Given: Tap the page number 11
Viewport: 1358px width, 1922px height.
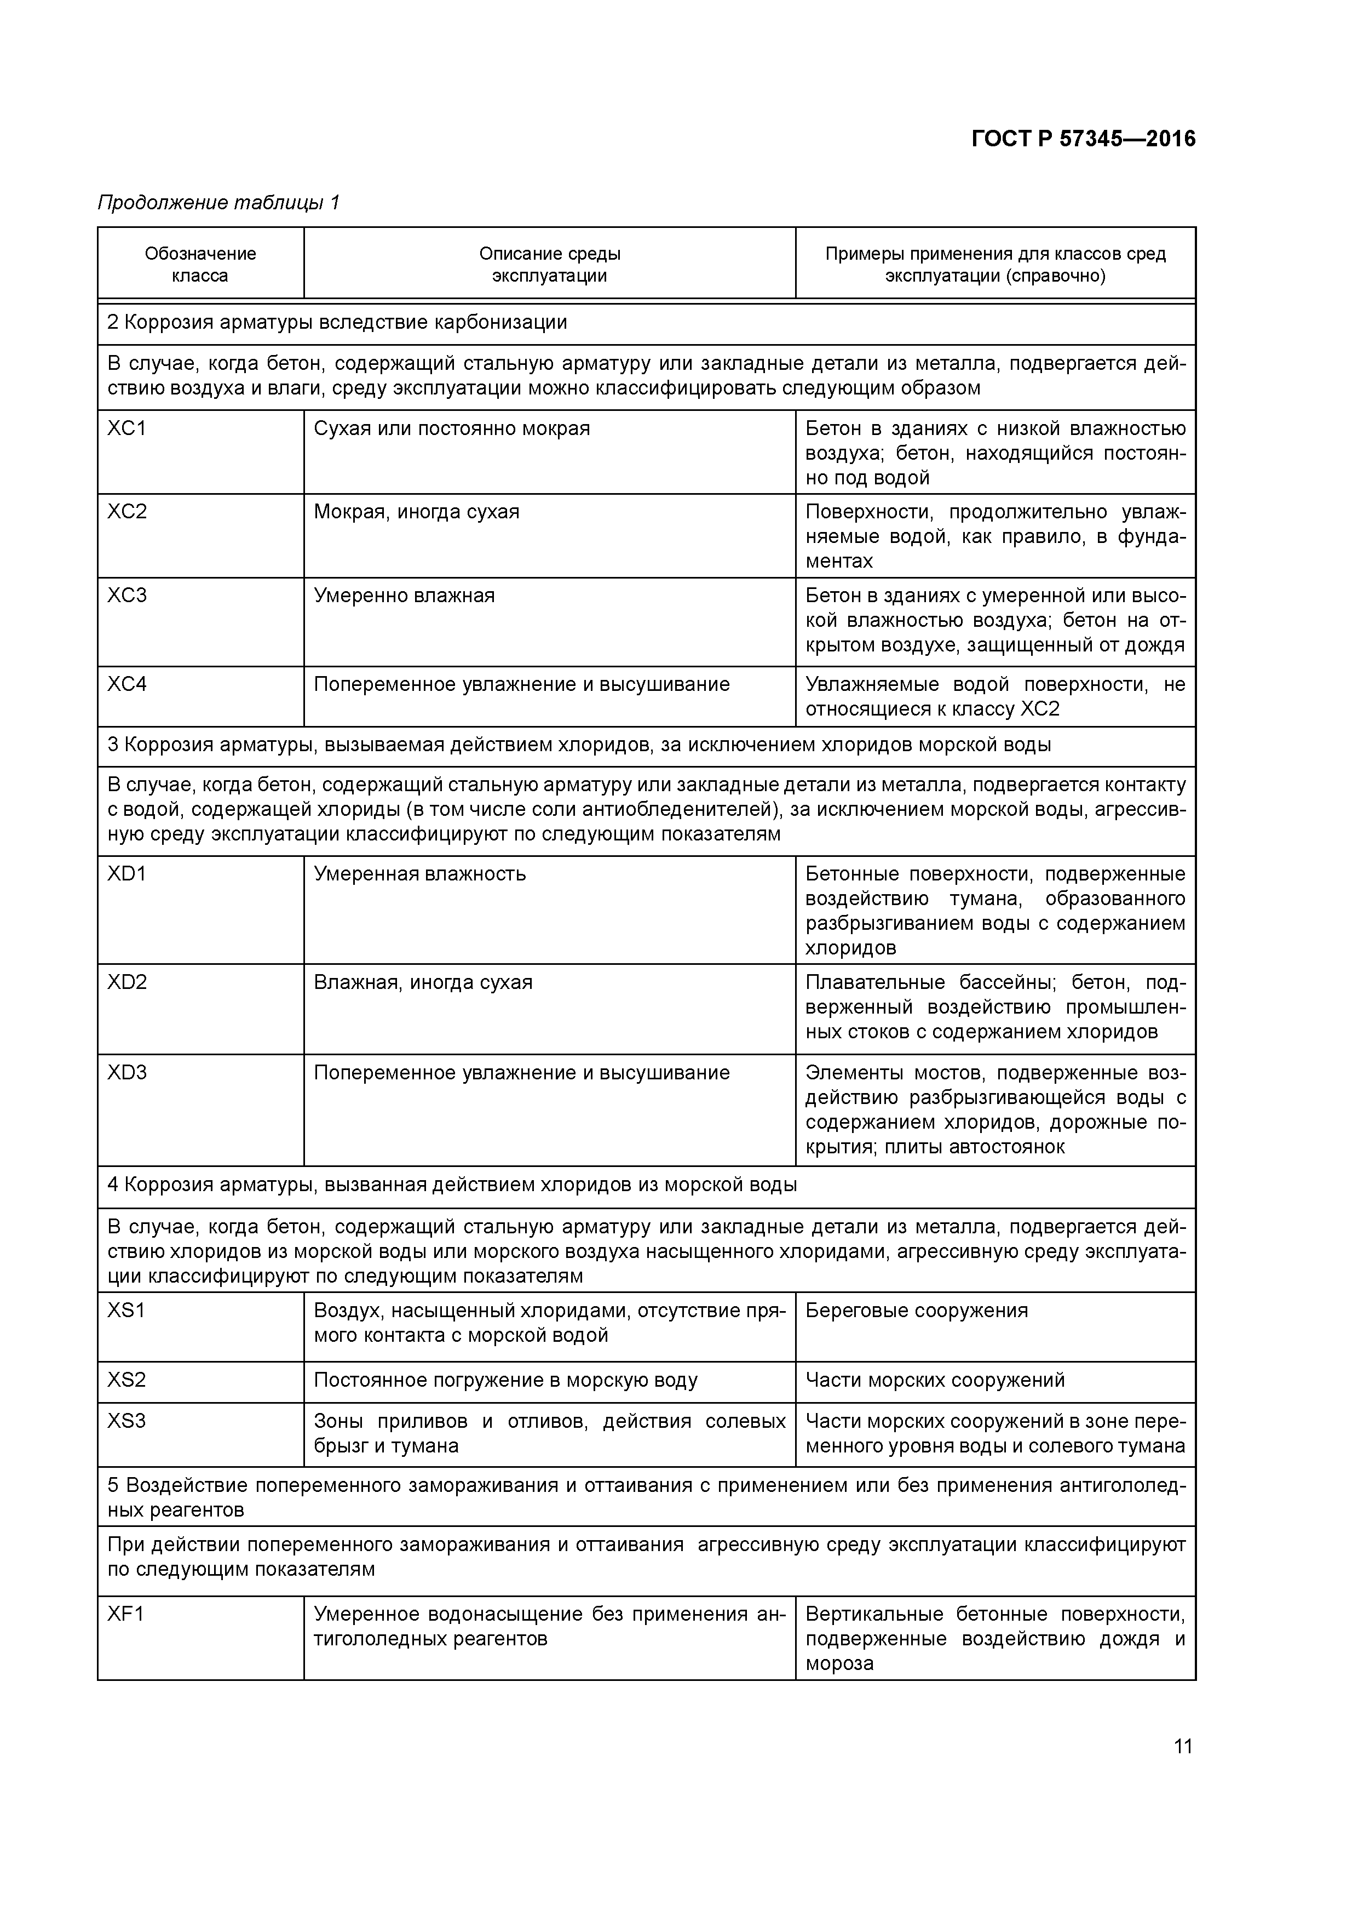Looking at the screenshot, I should click(x=1182, y=1746).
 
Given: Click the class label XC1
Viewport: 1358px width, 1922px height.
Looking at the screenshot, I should click(x=126, y=428).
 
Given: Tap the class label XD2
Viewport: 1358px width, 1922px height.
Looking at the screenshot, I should click(x=126, y=982).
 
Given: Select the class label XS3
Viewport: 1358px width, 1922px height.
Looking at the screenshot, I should click(x=126, y=1421).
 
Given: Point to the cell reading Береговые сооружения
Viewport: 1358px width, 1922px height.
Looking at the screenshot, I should click(x=916, y=1310).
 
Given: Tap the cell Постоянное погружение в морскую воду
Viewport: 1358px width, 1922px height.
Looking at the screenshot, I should click(x=505, y=1380).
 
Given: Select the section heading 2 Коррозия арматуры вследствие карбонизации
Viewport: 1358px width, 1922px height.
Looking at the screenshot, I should click(x=337, y=322).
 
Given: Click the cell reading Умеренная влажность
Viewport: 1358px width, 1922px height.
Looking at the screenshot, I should click(x=419, y=874).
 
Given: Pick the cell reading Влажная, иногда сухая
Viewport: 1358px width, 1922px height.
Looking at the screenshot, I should click(x=423, y=982).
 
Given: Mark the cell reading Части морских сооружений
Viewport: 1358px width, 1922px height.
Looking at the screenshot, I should click(x=935, y=1380).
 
